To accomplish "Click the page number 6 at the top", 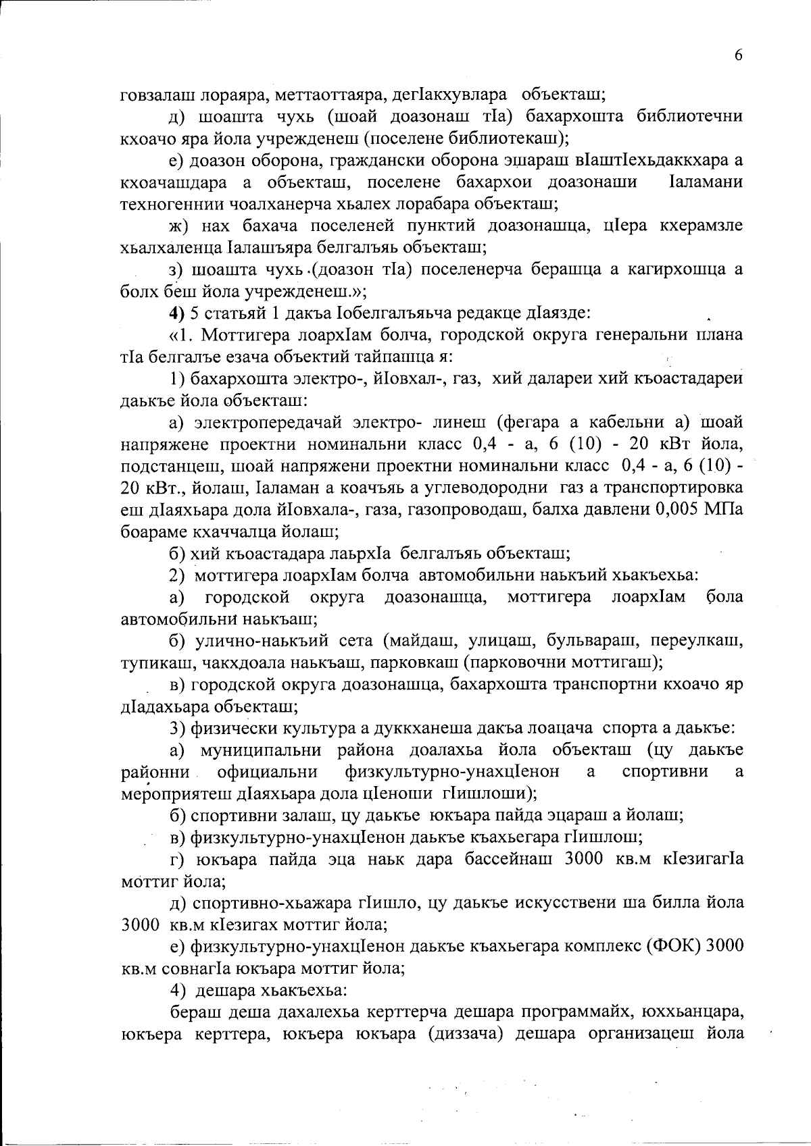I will point(738,55).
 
